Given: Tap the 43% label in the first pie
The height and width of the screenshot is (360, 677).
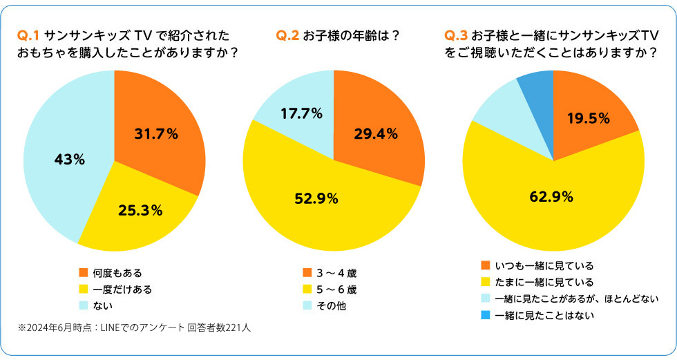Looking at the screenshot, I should click(69, 160).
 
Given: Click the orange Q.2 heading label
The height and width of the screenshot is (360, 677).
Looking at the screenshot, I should click(287, 35).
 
